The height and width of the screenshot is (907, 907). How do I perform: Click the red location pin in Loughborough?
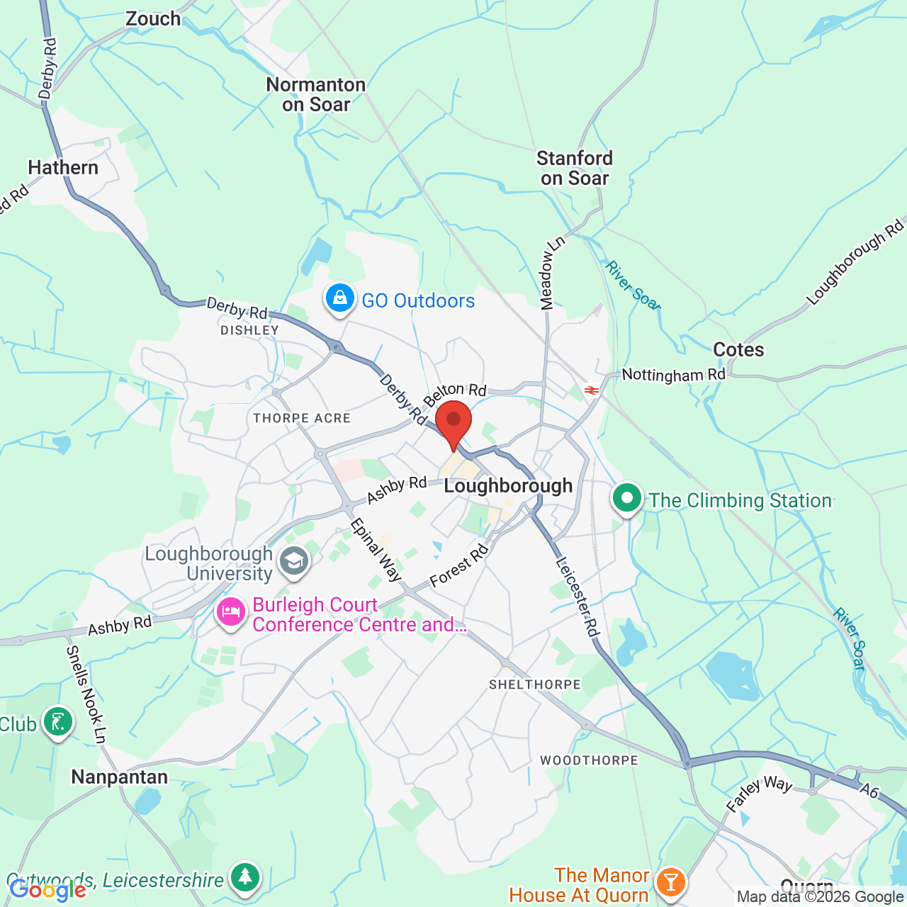[453, 421]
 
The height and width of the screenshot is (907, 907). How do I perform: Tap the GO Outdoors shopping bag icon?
[340, 299]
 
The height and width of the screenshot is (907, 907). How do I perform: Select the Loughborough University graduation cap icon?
[293, 561]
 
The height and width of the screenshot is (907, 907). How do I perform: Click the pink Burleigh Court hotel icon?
[231, 612]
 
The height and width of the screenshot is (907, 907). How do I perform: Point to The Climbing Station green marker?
[627, 498]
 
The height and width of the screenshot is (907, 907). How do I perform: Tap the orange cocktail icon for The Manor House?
[670, 882]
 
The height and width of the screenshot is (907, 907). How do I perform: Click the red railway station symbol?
[592, 390]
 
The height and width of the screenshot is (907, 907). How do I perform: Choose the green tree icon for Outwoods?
[245, 878]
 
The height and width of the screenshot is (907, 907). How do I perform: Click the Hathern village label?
[63, 167]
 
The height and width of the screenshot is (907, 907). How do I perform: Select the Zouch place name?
[153, 18]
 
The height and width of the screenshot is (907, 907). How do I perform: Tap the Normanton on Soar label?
[316, 94]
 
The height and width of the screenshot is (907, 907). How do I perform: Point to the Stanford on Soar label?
[575, 168]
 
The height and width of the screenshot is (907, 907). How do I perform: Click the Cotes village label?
[738, 349]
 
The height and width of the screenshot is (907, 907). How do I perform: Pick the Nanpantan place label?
[120, 777]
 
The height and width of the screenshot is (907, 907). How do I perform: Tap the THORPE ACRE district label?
[302, 418]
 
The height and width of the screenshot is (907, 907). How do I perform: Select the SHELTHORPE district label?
[535, 685]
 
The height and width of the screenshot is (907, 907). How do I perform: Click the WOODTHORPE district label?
[589, 760]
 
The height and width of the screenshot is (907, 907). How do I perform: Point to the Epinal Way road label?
[376, 550]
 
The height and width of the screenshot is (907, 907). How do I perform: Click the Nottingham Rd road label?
[673, 374]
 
